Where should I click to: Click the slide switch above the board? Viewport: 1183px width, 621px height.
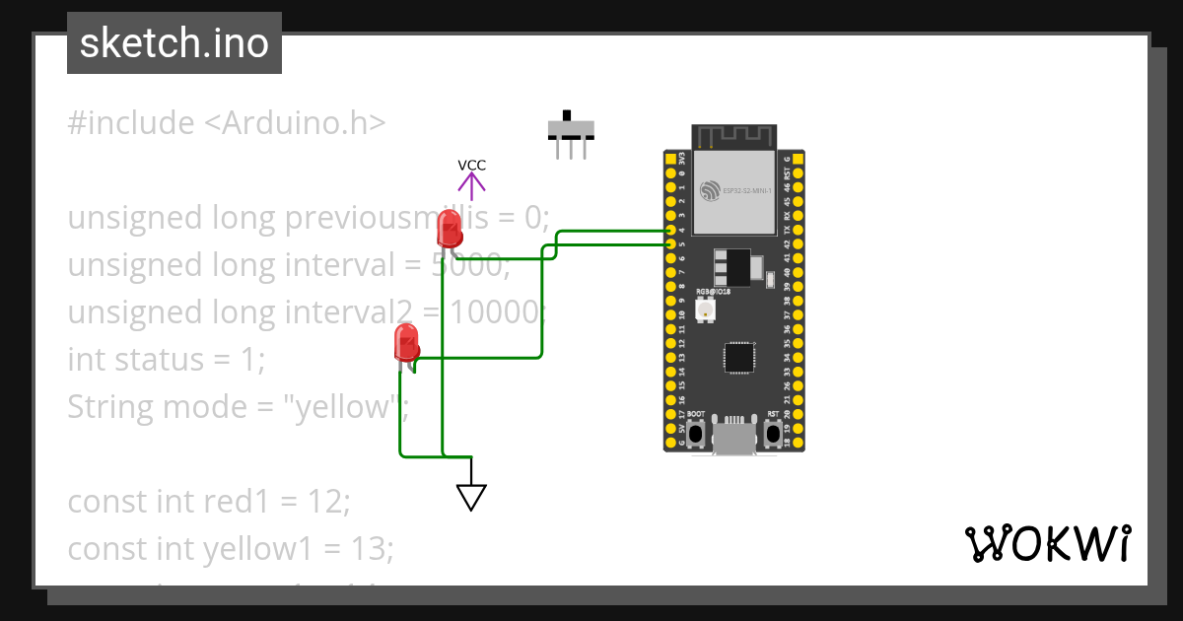click(571, 129)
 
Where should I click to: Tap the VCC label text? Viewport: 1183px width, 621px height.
click(471, 166)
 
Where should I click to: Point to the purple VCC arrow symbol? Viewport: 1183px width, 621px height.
click(471, 183)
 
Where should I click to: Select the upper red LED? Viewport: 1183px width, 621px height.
click(449, 230)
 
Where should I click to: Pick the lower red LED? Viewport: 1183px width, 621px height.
click(406, 343)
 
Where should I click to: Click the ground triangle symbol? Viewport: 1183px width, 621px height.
click(472, 497)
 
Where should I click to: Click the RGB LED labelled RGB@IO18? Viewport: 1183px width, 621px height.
click(706, 310)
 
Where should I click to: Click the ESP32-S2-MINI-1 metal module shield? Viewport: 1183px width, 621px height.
click(733, 193)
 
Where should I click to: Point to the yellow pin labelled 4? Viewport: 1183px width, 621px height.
click(670, 230)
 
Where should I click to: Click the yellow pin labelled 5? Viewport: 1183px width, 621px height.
click(670, 243)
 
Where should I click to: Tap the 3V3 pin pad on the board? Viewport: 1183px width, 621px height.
click(670, 159)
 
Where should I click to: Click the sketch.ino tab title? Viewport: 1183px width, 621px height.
click(174, 43)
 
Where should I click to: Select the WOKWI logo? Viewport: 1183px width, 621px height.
click(1047, 544)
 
